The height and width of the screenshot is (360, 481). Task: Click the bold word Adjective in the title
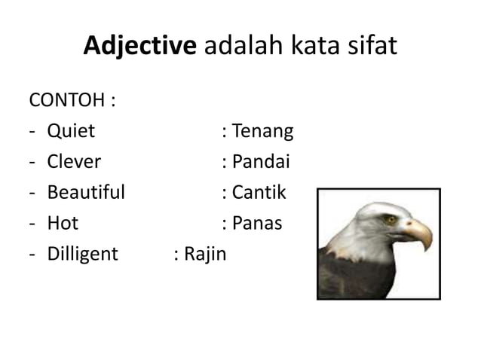[x=139, y=47]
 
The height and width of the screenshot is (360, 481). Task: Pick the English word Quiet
[x=71, y=131]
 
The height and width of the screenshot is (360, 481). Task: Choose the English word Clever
[x=74, y=162]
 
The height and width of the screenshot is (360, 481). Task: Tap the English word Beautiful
[x=86, y=192]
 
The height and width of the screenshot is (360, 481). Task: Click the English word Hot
[x=63, y=223]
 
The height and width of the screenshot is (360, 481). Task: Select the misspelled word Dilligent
[x=83, y=254]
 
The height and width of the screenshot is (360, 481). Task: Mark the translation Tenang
[x=262, y=131]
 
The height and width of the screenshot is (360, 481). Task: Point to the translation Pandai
[x=261, y=162]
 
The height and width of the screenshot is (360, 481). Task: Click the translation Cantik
[x=259, y=192]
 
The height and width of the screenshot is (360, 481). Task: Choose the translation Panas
[x=257, y=223]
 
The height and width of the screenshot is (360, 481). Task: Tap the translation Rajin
[x=205, y=254]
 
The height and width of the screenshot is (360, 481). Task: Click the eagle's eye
[x=390, y=219]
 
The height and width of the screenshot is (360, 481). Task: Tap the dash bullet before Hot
[x=32, y=224]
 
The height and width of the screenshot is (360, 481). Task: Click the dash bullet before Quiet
[x=32, y=132]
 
